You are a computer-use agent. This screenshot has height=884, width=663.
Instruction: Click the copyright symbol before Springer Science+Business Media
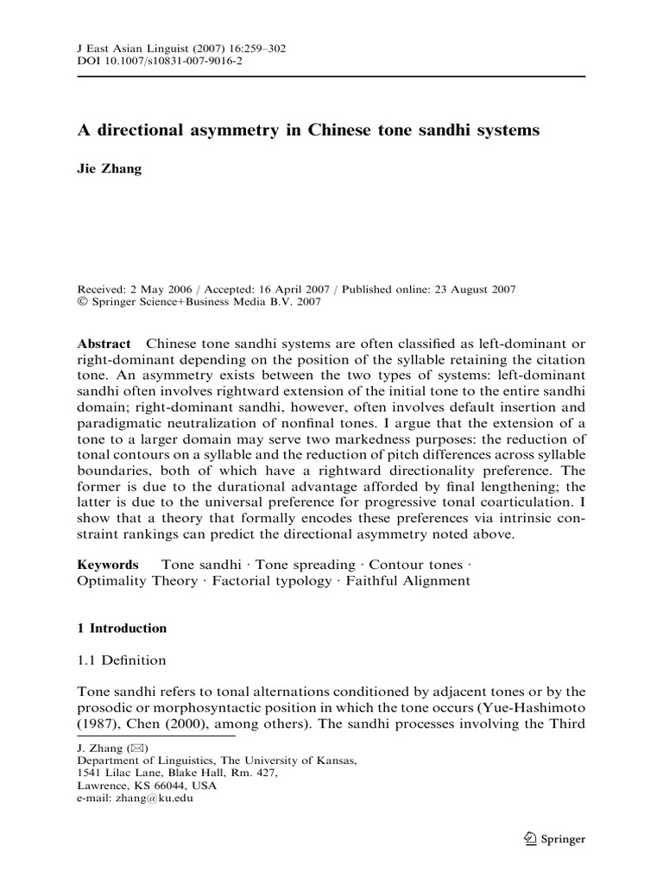tap(81, 302)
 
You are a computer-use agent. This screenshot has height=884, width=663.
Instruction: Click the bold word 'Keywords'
tap(108, 564)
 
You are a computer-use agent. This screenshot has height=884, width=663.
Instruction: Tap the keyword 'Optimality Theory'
tap(137, 580)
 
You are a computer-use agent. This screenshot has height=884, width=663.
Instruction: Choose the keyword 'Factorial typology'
tap(275, 580)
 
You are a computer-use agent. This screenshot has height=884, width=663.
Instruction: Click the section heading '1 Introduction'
tap(123, 628)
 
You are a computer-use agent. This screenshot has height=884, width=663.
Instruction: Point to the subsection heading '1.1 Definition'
tap(123, 660)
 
